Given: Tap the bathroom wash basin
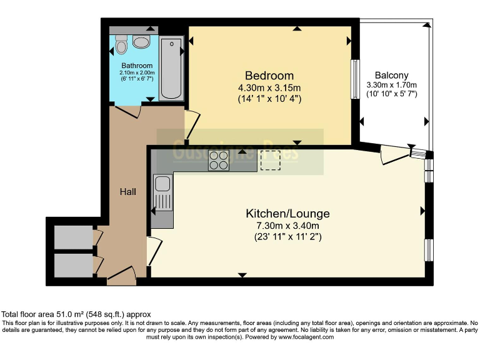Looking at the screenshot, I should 142,42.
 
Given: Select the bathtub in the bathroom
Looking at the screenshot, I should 171,69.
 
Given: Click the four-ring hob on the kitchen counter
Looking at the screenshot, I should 219,161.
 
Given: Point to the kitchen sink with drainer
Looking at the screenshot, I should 162,194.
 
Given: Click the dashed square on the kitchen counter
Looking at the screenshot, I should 270,161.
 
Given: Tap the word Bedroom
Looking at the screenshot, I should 269,76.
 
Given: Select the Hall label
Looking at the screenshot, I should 127,191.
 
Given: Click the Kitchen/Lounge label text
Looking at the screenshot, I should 287,214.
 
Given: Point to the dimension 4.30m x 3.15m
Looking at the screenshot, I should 269,87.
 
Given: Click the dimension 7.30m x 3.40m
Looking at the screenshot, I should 287,226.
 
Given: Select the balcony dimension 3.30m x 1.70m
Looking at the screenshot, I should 391,84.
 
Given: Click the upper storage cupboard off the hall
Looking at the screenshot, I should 73,237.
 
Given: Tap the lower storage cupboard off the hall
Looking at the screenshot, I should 73,265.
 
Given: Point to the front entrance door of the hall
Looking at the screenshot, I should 122,276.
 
